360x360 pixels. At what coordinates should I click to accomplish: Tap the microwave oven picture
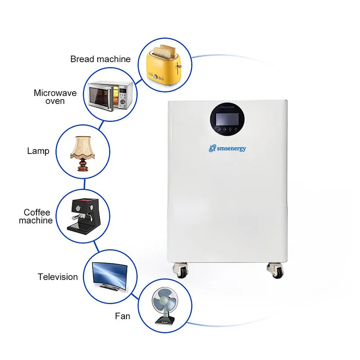tap(110, 95)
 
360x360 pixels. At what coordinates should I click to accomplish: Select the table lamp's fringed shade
tap(83, 148)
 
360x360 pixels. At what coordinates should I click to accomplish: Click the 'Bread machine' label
tap(100, 59)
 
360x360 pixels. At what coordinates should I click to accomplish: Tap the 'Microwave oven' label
tap(55, 97)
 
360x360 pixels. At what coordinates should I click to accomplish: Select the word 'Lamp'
tap(38, 151)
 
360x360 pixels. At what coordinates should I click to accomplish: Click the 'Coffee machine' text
tap(36, 216)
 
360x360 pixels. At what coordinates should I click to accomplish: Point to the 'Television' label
tap(58, 277)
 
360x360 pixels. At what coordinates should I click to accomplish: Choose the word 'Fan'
tap(122, 316)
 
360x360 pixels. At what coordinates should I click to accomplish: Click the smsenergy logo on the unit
tap(227, 148)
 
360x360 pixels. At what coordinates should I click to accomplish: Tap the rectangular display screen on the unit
tap(227, 119)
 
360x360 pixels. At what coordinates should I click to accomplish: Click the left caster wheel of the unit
tap(181, 270)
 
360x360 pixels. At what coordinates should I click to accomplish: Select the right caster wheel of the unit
tap(275, 270)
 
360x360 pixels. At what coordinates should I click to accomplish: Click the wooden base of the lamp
tap(83, 165)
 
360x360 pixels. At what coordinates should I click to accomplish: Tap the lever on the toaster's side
tap(179, 67)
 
